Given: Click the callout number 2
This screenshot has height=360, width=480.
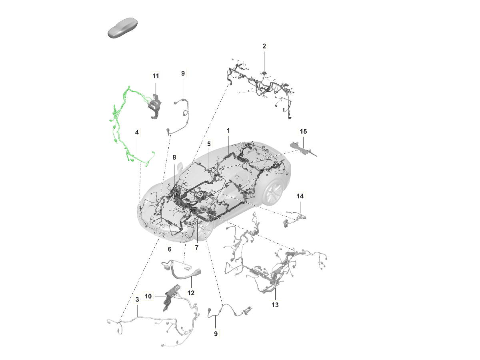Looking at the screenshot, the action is tap(264, 46).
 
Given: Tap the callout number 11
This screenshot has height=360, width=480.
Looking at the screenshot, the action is tap(156, 76).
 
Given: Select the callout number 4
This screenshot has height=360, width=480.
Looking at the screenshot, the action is tap(137, 132).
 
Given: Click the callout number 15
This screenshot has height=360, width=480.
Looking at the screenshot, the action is tap(303, 131).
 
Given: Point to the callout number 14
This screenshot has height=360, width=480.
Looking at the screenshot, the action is tap(300, 196).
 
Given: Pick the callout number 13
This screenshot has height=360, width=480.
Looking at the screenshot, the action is tap(275, 305).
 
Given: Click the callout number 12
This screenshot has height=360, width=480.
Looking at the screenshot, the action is tap(191, 293).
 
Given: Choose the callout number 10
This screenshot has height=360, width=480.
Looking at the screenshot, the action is tap(148, 296).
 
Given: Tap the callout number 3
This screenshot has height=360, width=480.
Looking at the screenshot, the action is tap(137, 299).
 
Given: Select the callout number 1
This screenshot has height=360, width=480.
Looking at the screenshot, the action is tap(228, 130).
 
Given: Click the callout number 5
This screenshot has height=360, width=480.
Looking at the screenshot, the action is tap(209, 144).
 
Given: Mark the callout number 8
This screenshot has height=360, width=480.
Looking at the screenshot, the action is tap(174, 157).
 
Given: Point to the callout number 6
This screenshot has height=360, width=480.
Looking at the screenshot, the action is tap(170, 249).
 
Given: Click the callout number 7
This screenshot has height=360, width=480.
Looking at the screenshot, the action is tap(196, 248).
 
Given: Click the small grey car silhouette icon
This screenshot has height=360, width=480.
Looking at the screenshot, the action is tap(122, 28).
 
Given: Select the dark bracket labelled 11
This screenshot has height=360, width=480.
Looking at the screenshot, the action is tap(155, 106).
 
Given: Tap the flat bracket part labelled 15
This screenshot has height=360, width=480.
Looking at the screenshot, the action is tap(303, 149).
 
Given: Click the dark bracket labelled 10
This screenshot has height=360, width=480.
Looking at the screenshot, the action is tap(171, 298).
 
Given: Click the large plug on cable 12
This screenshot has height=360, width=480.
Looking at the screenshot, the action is tap(196, 272).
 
